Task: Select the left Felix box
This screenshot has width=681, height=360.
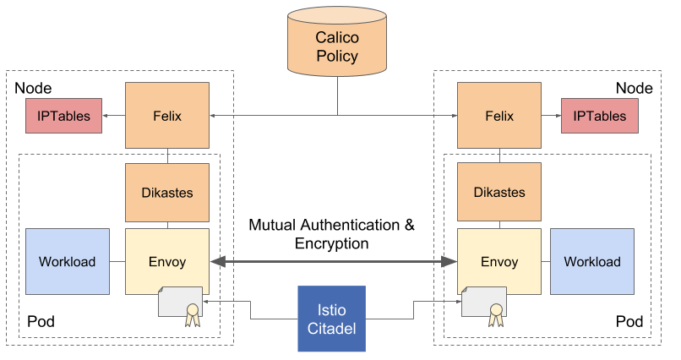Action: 167,116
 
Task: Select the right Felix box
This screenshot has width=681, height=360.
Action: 498,116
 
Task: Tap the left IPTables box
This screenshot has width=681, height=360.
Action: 63,117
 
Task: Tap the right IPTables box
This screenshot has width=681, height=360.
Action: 600,117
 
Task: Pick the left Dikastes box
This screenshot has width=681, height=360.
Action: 167,193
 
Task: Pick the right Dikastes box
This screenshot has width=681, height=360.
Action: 498,193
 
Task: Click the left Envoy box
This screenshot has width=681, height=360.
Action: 167,261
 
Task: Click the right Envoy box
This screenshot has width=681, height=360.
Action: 498,261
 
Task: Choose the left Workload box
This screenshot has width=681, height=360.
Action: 68,261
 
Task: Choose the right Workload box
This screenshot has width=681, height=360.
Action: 592,261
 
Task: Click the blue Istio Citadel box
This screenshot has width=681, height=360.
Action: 332,319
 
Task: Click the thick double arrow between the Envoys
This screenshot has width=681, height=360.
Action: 334,263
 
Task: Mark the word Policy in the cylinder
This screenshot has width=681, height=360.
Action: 337,57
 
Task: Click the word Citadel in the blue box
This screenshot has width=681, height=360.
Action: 332,328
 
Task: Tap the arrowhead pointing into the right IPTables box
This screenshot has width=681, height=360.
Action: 558,116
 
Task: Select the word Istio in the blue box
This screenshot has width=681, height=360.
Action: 332,309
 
